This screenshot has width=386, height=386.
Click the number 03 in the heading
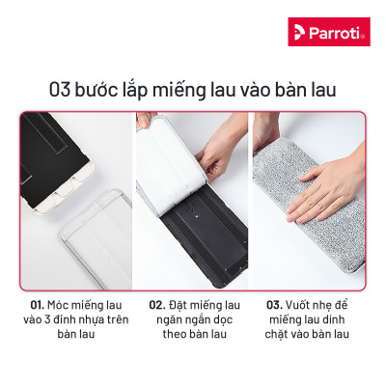coord(63,91)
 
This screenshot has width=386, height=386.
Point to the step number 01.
coord(37,305)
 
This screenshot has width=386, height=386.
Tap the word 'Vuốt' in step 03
coord(304,305)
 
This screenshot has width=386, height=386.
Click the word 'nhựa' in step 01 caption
coord(89,321)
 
